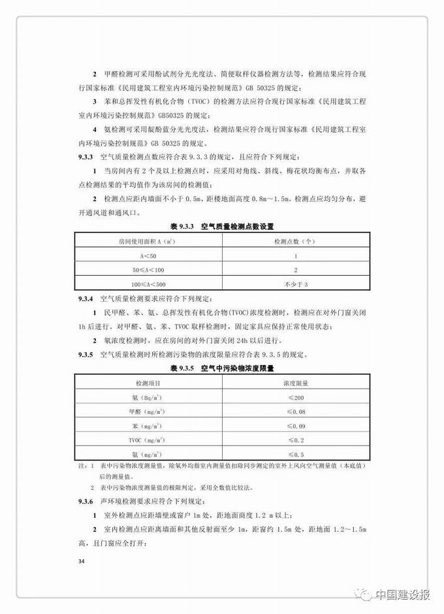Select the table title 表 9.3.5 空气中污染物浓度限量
coord(221,368)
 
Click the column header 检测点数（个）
coord(295,241)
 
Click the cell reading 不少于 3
coord(295,284)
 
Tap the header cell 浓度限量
coord(296,383)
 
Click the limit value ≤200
coord(296,398)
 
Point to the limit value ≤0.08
coord(296,412)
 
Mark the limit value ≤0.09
coord(296,427)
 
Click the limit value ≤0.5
coord(296,455)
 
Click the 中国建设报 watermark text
coord(404,594)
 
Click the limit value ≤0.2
coord(296,441)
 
